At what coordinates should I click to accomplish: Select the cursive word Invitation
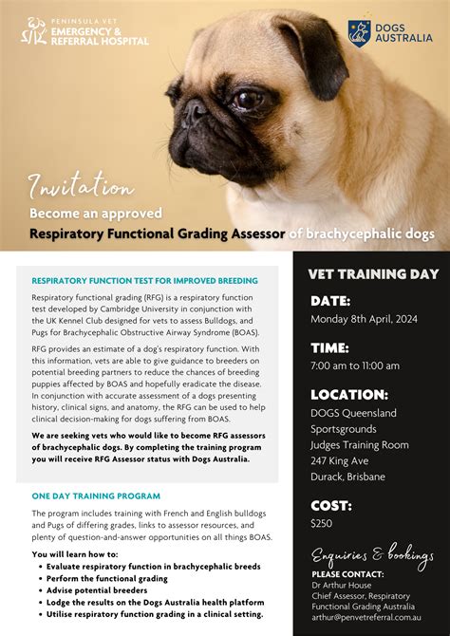(81, 186)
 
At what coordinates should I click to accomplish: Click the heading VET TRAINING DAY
(373, 274)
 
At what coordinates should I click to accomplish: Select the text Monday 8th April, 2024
(365, 320)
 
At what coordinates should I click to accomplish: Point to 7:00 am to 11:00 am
(355, 365)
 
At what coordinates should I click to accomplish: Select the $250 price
(321, 523)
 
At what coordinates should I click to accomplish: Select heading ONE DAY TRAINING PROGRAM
(96, 496)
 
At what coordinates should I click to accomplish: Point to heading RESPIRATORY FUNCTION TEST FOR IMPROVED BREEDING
(144, 281)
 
